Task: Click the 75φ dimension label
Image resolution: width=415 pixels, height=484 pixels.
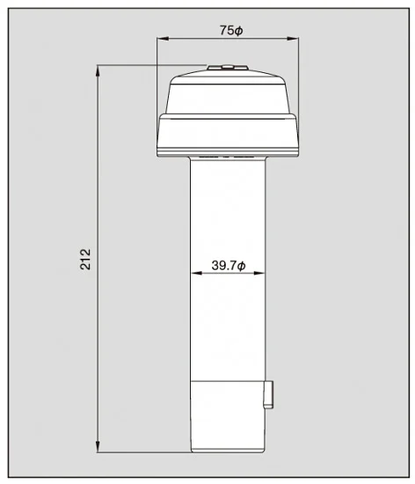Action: [x=231, y=30]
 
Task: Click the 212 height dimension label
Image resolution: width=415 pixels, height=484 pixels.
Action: [x=85, y=260]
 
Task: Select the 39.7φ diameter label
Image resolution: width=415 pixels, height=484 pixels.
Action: [x=228, y=265]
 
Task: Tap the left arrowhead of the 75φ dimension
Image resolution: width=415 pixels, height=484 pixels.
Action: [x=163, y=39]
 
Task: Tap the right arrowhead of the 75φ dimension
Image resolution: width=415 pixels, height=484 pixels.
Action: [x=293, y=39]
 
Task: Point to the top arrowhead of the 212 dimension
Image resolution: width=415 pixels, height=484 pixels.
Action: [x=98, y=71]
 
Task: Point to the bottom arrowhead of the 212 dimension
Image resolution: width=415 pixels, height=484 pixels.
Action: [x=98, y=447]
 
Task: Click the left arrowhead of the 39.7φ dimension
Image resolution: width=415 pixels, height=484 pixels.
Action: [x=196, y=273]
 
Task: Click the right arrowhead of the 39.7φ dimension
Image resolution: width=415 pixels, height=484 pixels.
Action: [x=259, y=273]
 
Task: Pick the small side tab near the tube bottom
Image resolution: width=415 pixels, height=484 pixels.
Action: [x=268, y=395]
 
